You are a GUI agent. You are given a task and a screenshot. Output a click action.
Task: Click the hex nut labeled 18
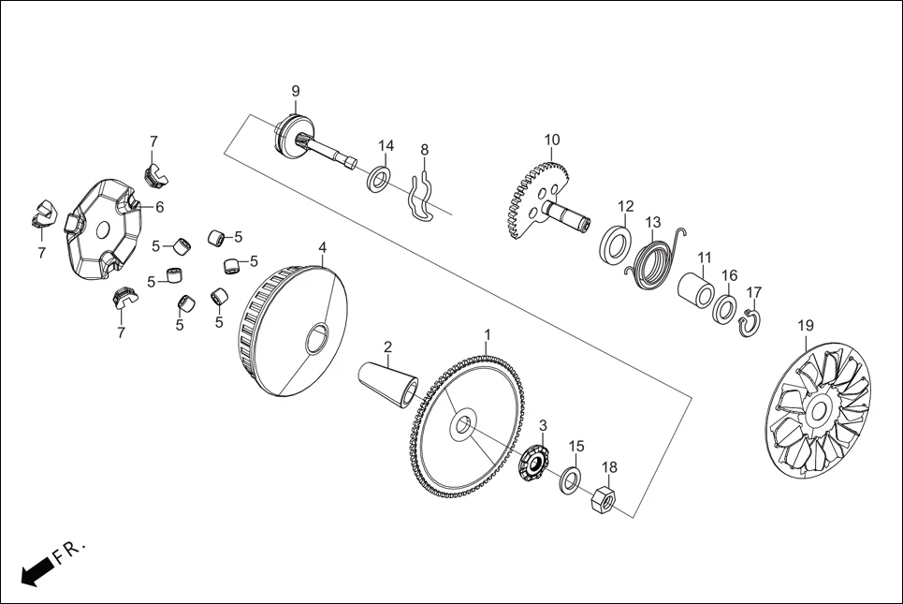tap(604, 500)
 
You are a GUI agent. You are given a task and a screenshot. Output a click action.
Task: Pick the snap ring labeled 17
tap(750, 324)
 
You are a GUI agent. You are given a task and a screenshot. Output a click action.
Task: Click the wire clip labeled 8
tap(423, 197)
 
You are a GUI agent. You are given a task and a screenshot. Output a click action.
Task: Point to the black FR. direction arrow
tap(36, 570)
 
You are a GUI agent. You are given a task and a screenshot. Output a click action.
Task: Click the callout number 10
tap(552, 140)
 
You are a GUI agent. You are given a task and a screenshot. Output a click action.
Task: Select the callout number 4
tap(322, 248)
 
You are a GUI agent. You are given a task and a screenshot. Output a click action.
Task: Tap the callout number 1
tap(487, 334)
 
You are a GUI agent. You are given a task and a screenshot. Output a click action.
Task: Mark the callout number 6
tap(159, 207)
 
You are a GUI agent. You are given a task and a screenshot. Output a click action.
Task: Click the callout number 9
tap(296, 91)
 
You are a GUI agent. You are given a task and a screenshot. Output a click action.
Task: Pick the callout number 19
tap(805, 325)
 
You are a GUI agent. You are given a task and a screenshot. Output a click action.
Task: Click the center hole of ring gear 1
tap(461, 426)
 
